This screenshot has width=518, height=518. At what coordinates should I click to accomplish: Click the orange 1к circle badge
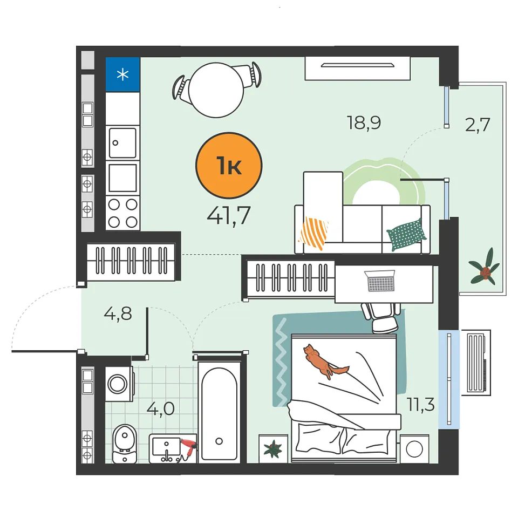[229, 166]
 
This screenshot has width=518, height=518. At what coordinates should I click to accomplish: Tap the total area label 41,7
[229, 216]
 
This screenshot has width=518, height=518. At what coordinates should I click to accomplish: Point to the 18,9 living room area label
[364, 123]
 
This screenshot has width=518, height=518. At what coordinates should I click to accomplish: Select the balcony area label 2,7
[478, 125]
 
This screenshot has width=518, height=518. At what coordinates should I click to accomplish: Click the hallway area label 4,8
[118, 313]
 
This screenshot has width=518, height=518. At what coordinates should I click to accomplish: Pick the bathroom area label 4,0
[161, 409]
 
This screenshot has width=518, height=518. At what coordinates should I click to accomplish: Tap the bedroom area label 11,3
[420, 404]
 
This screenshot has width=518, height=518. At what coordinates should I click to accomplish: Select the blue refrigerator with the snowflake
[122, 74]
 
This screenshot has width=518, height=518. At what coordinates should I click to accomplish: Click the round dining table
[216, 90]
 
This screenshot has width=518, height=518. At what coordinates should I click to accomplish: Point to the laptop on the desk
[380, 281]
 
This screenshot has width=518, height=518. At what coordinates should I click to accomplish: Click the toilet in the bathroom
[125, 444]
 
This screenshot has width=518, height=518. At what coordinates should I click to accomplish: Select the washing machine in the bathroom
[119, 384]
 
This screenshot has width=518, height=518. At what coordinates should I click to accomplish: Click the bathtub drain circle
[219, 441]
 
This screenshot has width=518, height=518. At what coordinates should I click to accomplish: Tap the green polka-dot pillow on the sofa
[406, 235]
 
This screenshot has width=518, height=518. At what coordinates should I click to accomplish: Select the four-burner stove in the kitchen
[122, 213]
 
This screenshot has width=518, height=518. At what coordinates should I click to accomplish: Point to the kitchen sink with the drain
[122, 142]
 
